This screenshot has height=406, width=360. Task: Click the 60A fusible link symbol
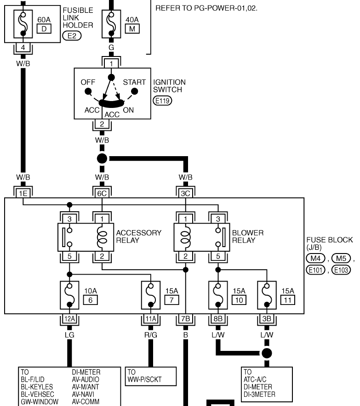23,24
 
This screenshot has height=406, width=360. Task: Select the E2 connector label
72,36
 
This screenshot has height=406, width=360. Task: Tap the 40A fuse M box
132,29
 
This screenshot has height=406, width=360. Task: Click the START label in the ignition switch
134,82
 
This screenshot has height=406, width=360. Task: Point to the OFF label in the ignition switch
88,82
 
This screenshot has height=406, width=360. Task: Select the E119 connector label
162,101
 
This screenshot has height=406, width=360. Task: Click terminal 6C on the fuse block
102,193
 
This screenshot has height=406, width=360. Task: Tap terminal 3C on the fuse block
185,193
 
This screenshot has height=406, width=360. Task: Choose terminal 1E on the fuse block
23,193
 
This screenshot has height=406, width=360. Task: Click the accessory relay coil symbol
102,237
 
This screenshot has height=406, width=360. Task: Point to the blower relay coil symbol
185,237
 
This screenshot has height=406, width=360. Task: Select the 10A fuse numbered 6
69,295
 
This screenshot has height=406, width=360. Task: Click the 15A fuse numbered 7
151,295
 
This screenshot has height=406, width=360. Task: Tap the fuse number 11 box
288,300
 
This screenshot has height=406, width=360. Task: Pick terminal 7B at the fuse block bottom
185,318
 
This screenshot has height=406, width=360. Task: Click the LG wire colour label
69,335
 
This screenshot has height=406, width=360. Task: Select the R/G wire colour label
151,335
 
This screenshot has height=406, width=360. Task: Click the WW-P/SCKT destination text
144,379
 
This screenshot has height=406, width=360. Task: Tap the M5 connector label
341,258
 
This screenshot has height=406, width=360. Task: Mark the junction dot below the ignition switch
102,158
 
